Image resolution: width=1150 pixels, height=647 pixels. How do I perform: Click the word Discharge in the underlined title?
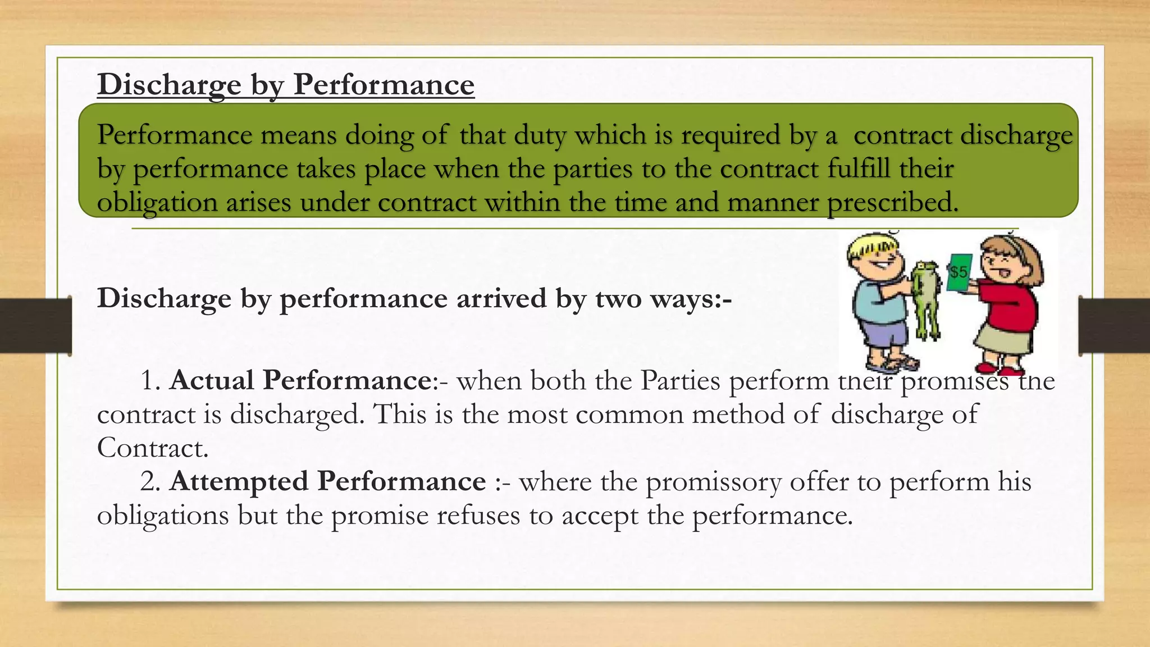169,85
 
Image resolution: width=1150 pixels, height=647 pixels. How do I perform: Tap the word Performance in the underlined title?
384,85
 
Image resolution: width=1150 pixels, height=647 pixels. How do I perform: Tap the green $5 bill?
959,272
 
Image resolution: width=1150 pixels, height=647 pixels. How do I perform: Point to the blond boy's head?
875,257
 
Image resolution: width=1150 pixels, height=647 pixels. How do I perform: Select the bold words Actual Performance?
300,380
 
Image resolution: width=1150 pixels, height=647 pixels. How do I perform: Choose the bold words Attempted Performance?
327,481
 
